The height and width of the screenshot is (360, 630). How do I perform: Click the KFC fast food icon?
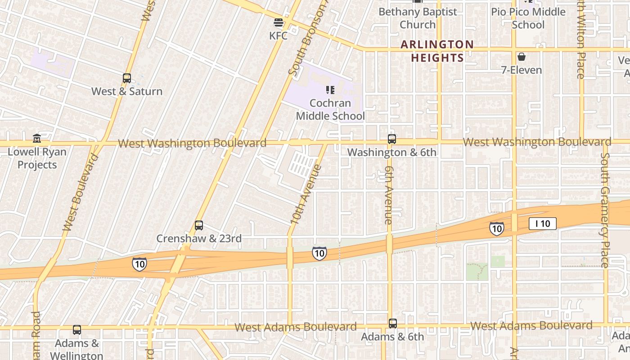279,22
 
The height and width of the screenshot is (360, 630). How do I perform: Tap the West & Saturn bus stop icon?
127,78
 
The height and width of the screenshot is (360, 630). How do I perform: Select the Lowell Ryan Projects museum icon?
37,138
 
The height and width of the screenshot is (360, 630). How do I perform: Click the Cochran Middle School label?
330,109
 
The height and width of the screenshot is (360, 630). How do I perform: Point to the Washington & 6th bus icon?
392,139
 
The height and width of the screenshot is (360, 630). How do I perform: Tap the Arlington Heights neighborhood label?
437,51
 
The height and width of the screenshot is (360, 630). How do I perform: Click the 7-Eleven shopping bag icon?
522,57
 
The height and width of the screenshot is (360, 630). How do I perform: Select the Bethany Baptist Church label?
418,18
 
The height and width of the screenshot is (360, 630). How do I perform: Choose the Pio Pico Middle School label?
528,18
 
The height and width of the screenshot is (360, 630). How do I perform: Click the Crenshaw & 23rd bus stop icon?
199,225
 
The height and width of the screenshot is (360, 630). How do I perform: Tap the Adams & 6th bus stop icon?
393,324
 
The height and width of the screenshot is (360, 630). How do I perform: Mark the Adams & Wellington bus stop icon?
77,330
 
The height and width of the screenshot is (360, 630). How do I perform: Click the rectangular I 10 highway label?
542,224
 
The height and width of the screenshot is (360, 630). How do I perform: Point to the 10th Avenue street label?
306,194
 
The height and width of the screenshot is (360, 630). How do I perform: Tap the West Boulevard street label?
81,193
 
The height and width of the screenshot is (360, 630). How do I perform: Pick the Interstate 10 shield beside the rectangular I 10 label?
496,229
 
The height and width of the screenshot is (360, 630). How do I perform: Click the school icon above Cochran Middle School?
330,90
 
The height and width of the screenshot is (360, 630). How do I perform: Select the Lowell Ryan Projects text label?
37,158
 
